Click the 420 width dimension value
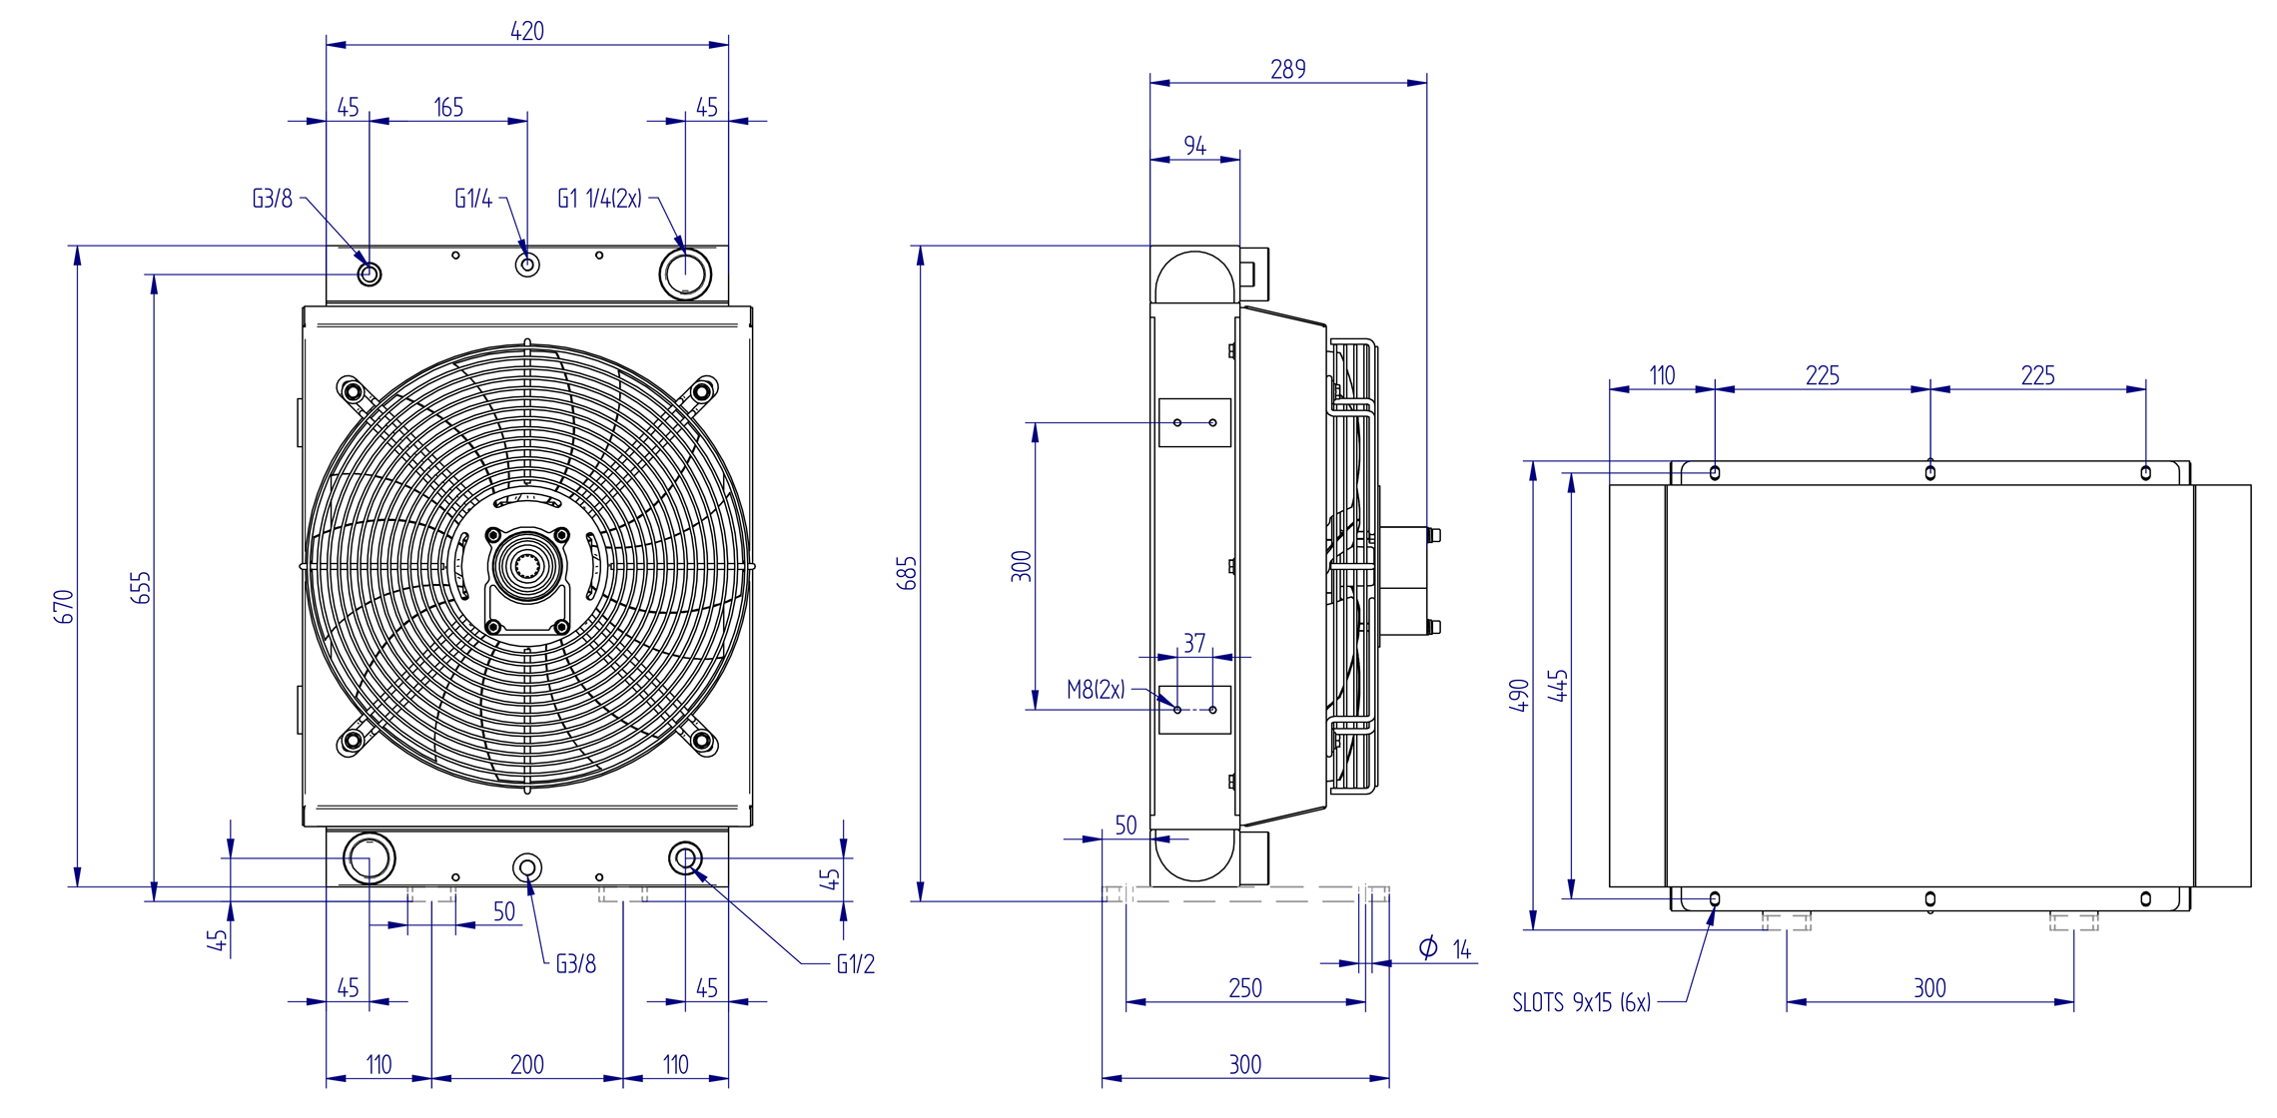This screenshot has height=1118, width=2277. click(527, 31)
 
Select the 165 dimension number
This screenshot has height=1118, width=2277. click(448, 108)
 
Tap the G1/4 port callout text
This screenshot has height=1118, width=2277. click(473, 199)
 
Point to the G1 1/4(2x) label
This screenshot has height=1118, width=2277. click(599, 199)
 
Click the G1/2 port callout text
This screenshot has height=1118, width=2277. click(856, 964)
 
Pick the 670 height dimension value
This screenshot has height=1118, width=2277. click(64, 606)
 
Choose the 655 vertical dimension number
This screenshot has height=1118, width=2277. click(141, 587)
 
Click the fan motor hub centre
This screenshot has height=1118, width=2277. click(526, 566)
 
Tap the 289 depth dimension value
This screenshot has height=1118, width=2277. click(1288, 70)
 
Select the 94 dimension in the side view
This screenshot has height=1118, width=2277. click(1194, 146)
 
